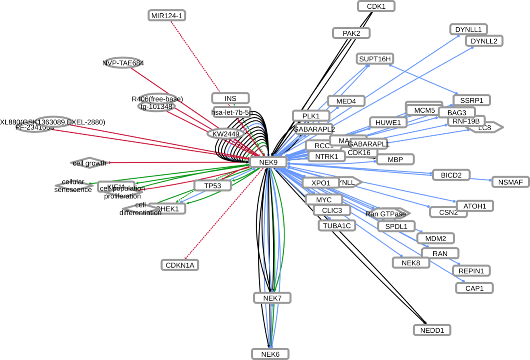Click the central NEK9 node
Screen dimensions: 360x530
tap(268, 162)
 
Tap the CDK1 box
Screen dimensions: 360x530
tap(376, 6)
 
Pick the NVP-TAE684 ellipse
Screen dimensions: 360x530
tap(123, 63)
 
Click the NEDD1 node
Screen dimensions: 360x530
tap(432, 330)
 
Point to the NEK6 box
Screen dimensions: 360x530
tap(270, 354)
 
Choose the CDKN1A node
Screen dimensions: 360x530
tap(180, 265)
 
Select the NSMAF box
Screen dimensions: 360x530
tap(510, 182)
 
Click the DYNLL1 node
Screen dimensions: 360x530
tap(468, 29)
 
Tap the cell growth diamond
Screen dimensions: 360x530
tap(89, 163)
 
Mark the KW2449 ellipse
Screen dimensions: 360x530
tap(225, 133)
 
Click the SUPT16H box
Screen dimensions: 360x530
tap(375, 59)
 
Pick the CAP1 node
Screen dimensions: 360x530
tap(474, 288)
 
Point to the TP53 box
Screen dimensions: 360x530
tap(213, 186)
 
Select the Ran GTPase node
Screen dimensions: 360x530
tap(388, 214)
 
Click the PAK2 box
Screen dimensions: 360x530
tap(351, 33)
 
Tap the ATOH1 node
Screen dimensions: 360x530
tap(475, 206)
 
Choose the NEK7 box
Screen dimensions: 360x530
tap(272, 298)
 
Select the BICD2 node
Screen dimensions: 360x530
tap(451, 175)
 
